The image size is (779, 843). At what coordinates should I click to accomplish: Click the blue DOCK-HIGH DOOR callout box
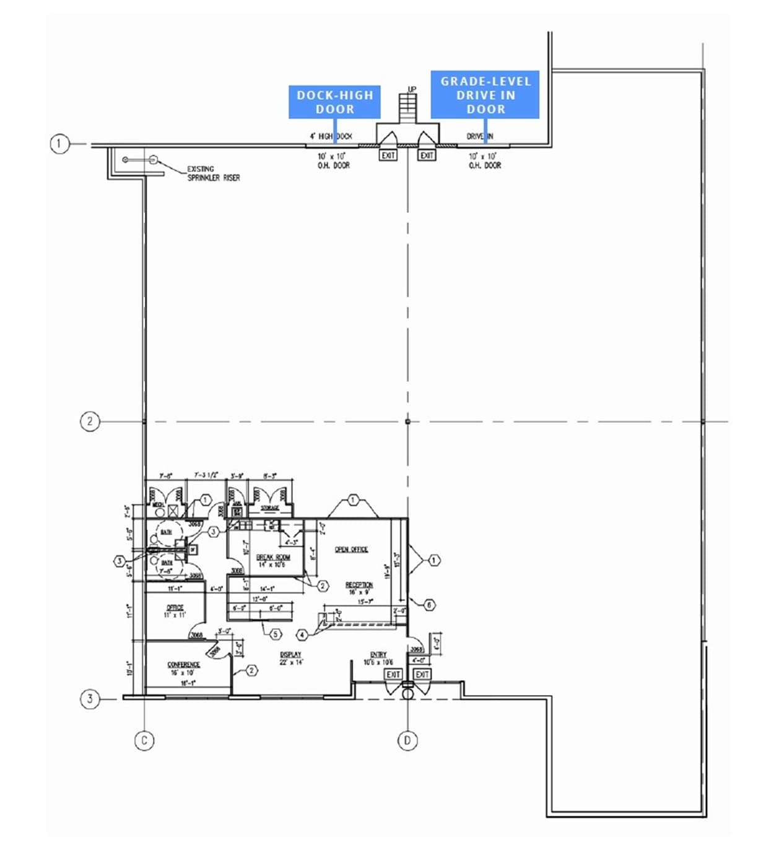click(334, 102)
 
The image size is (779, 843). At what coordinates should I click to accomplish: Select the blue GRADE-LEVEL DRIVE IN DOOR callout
click(485, 95)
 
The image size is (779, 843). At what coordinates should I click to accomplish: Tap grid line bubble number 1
click(59, 145)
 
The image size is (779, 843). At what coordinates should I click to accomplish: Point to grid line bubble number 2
click(90, 421)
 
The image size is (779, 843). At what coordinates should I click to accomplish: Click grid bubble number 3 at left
click(90, 699)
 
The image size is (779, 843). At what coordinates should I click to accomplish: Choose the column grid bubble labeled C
click(144, 740)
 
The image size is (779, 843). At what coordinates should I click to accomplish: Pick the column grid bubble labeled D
click(407, 740)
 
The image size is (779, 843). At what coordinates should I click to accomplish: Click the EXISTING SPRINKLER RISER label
click(213, 173)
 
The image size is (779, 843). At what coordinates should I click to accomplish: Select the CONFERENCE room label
click(183, 665)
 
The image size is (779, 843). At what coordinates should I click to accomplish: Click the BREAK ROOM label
click(272, 558)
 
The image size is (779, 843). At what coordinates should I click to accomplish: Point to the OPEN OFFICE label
click(351, 549)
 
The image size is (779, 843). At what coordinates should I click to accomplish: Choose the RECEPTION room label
click(359, 585)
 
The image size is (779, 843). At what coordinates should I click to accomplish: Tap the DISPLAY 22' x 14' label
click(290, 658)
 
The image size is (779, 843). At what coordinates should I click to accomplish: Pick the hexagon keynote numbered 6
click(429, 605)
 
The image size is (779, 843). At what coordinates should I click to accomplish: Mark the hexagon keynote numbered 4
click(302, 635)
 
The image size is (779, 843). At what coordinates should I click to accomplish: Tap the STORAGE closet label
click(269, 508)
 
